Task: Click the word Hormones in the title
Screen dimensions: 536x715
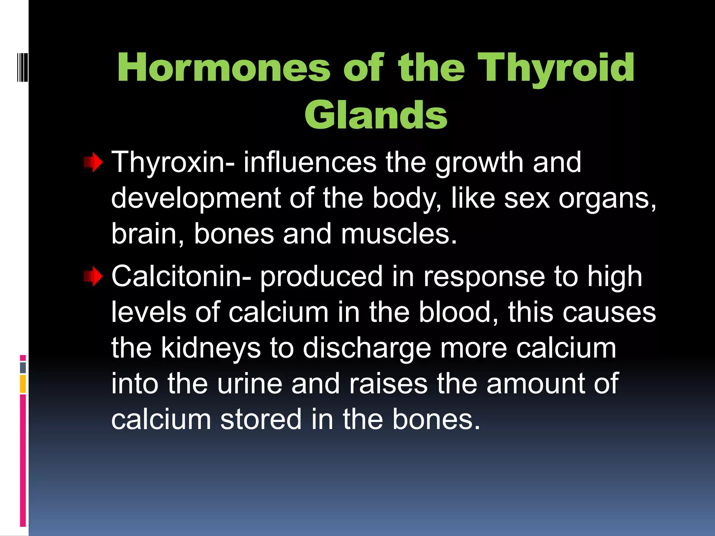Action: [x=223, y=68]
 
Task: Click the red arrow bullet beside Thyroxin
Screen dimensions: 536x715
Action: [x=93, y=163]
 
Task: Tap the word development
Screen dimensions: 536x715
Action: [x=196, y=198]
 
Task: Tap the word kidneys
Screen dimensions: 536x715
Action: [x=211, y=348]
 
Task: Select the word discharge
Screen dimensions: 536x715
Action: [x=367, y=348]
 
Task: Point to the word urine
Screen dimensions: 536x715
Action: [x=250, y=384]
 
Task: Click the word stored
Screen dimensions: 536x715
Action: [x=260, y=419]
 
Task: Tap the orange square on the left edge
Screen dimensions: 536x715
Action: [x=23, y=384]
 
